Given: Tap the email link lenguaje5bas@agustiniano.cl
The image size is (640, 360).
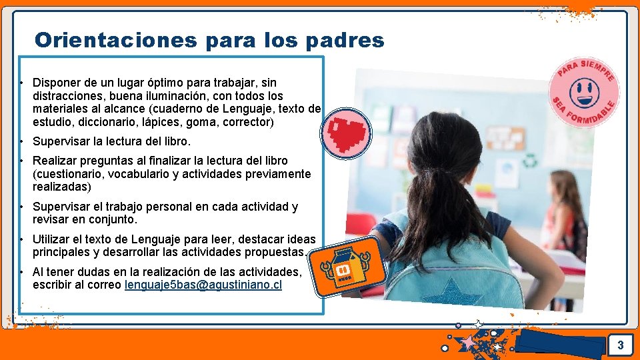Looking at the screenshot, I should click(x=203, y=285).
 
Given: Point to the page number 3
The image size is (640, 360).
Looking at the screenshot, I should click(x=620, y=345).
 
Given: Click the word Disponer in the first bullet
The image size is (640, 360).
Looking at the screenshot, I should click(x=57, y=83).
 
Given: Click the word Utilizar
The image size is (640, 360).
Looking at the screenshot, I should click(x=52, y=239).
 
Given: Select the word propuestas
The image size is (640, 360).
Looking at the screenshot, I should click(x=275, y=253).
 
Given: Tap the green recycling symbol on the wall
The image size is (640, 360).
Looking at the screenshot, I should click(x=531, y=161).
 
